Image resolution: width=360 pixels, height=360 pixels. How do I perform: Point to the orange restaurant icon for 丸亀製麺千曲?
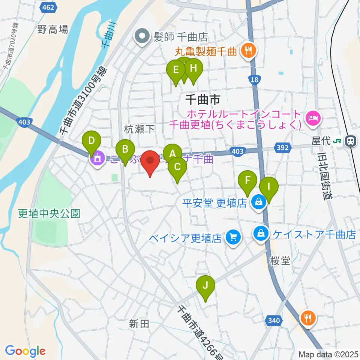click(x=248, y=50)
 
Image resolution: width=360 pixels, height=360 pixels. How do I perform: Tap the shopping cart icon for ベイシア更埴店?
click(x=233, y=237)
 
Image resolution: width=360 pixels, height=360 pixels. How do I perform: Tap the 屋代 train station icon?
click(x=350, y=141)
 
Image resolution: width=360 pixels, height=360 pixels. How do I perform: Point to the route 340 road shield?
click(x=274, y=321)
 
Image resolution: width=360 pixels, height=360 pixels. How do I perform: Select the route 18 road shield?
click(x=254, y=79)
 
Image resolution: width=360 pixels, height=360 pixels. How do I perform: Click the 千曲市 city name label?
click(x=203, y=99)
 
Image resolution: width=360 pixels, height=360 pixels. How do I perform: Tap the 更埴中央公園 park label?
click(x=49, y=214)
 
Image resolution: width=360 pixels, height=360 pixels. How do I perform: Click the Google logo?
click(x=25, y=351)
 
